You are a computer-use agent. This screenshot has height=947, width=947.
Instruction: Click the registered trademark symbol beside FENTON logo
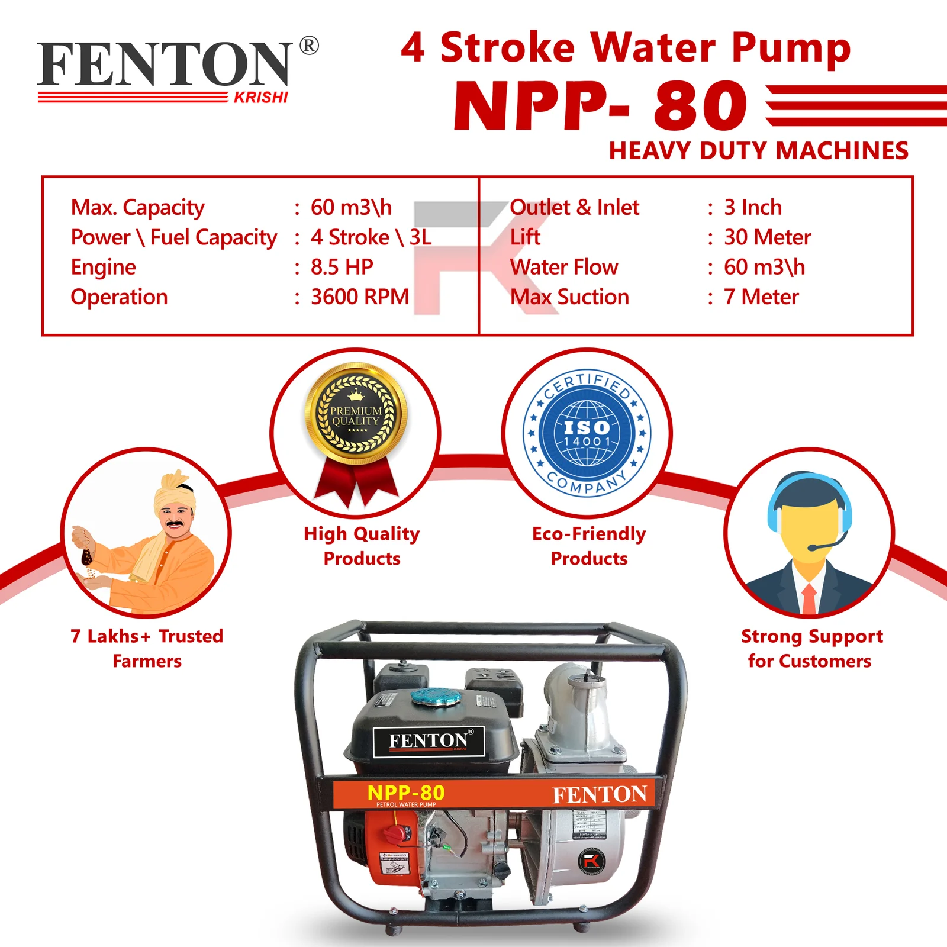(x=309, y=46)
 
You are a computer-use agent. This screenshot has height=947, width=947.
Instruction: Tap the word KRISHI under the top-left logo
(x=260, y=98)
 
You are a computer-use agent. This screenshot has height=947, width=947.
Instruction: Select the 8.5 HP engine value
(x=342, y=267)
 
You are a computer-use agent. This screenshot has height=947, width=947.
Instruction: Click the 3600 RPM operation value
(x=360, y=297)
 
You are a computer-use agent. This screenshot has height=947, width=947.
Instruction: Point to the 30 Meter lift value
(x=767, y=237)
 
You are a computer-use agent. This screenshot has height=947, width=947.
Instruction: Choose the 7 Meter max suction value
(x=761, y=297)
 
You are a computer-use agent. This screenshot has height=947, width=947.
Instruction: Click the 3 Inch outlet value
(x=753, y=208)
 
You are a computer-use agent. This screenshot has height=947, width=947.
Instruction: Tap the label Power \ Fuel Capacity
(x=173, y=237)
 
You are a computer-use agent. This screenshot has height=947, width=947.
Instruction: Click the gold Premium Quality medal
(x=356, y=415)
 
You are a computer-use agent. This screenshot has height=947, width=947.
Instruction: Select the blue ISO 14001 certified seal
(x=587, y=433)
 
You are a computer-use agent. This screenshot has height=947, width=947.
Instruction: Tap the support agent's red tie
(x=809, y=598)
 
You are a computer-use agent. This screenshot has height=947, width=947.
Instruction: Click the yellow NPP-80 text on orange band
(x=406, y=792)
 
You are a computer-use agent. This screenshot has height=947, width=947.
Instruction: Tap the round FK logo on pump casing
(x=591, y=861)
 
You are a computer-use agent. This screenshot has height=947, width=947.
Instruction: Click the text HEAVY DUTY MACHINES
(x=758, y=151)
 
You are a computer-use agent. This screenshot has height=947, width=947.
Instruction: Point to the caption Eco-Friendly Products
(x=589, y=546)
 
